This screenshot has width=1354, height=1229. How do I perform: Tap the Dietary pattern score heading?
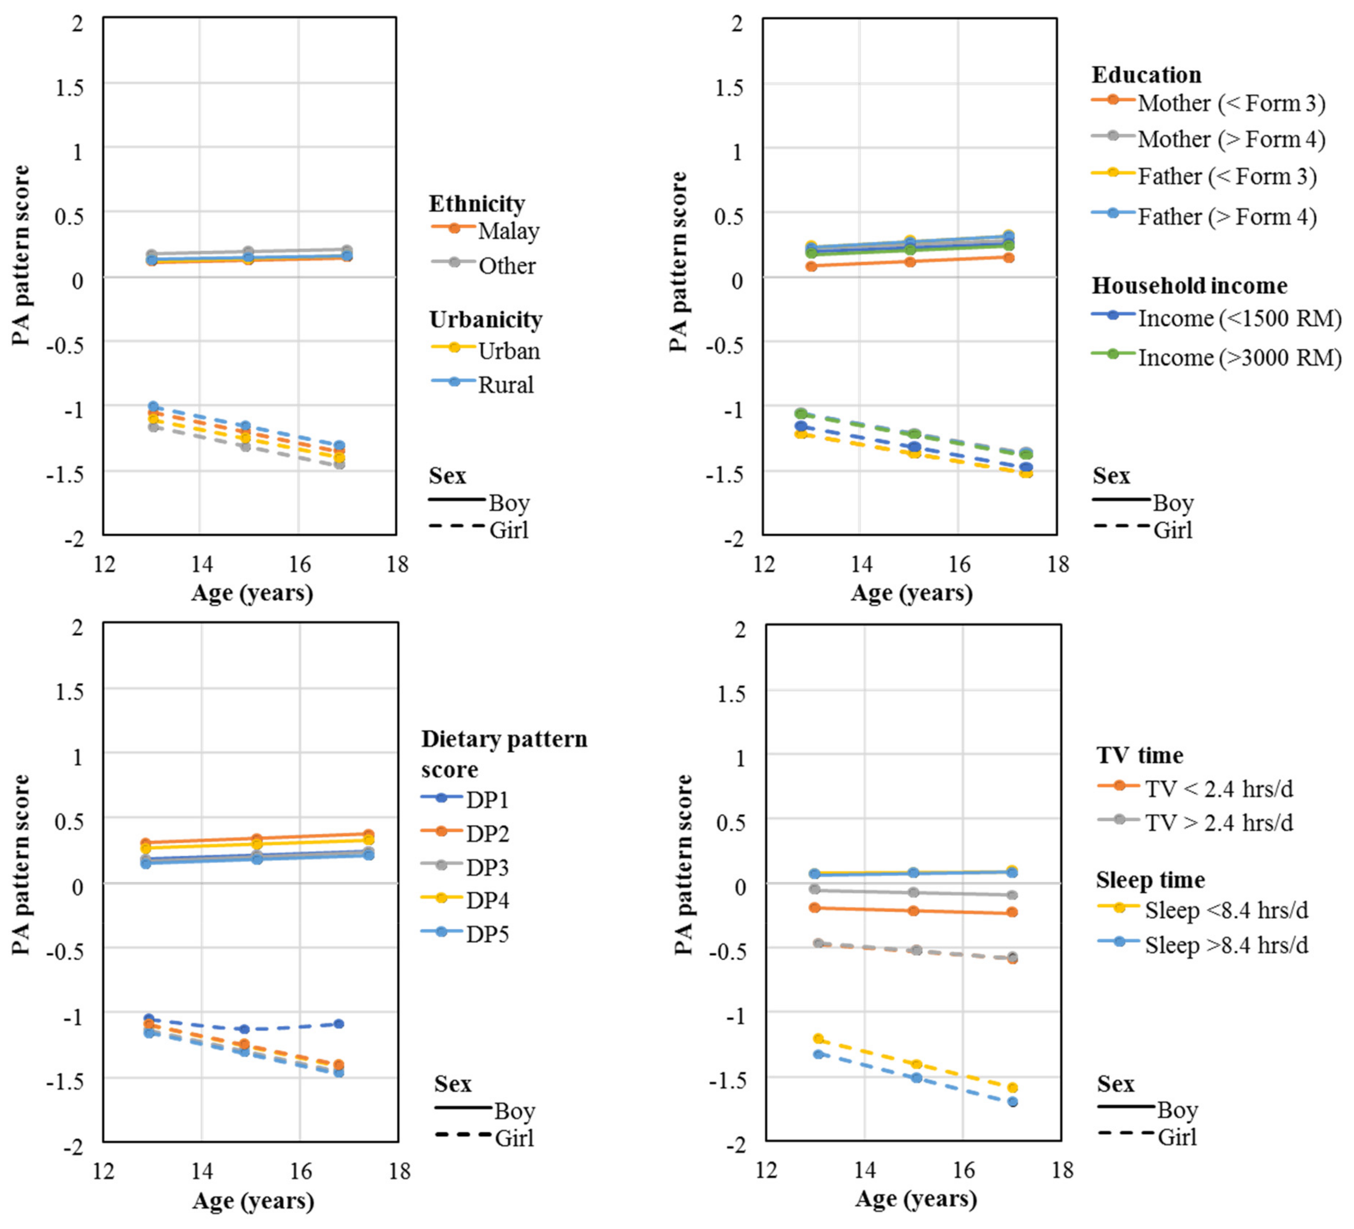coord(504,754)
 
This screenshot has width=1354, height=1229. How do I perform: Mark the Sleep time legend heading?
coord(1150,880)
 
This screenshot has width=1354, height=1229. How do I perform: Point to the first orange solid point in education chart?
coord(811,266)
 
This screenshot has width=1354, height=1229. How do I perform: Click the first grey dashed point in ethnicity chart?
coord(153,427)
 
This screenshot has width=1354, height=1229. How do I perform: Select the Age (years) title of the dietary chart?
coord(253,1200)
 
